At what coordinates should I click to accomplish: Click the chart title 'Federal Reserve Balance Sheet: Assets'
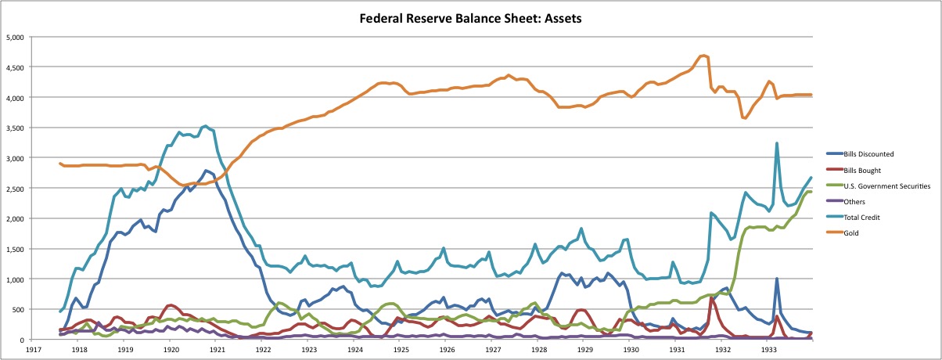coord(470,19)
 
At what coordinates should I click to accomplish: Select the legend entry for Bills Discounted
coord(860,154)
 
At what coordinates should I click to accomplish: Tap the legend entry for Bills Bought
coord(854,171)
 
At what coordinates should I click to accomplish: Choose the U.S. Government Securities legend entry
coord(878,186)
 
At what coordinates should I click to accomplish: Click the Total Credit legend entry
coord(853,218)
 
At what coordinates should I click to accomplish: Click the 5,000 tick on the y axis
coord(15,38)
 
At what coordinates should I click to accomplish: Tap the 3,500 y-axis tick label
coord(15,128)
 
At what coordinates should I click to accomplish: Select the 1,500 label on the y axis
coord(15,249)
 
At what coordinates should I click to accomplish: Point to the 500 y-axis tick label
coord(18,310)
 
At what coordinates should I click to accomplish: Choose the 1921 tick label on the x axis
coord(217,350)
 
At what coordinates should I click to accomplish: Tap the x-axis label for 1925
coord(401,350)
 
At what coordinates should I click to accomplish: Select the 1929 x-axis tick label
coord(585,350)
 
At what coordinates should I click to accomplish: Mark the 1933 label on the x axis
coord(769,350)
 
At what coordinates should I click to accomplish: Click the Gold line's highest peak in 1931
coord(703,56)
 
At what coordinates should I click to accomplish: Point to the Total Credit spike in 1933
coord(777,143)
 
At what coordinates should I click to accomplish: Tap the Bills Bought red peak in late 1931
coord(710,297)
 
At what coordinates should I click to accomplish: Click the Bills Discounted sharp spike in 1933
coord(777,279)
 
